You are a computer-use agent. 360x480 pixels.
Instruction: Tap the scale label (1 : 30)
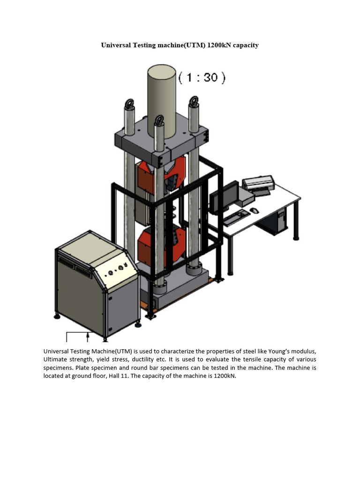[x=202, y=77]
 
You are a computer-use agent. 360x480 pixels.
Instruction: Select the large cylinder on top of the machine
[x=162, y=98]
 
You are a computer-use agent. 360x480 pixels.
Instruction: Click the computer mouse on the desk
[x=254, y=210]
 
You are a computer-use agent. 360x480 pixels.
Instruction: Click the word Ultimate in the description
[x=56, y=360]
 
